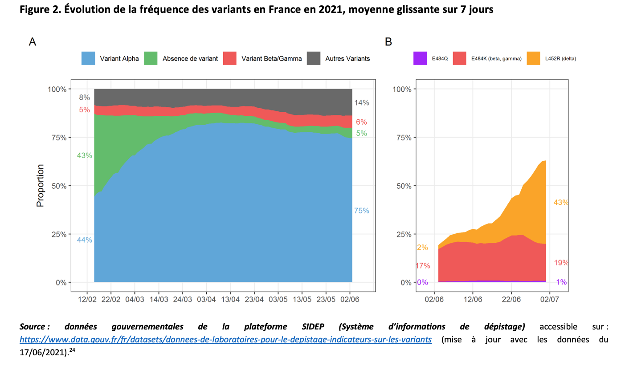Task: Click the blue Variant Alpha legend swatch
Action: click(x=88, y=58)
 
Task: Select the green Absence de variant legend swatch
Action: click(x=151, y=58)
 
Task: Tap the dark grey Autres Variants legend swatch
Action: click(x=314, y=58)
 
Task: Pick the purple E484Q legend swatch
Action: click(x=420, y=58)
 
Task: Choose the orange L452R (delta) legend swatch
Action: click(x=533, y=58)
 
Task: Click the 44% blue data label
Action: click(x=84, y=240)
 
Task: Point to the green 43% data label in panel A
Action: click(x=84, y=155)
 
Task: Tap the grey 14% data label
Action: click(x=362, y=103)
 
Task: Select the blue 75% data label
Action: click(x=361, y=211)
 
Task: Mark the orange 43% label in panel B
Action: click(x=561, y=202)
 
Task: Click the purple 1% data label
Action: click(x=561, y=282)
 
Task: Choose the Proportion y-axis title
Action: click(x=41, y=186)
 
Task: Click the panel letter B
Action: click(x=388, y=42)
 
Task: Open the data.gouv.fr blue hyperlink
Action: click(x=225, y=340)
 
